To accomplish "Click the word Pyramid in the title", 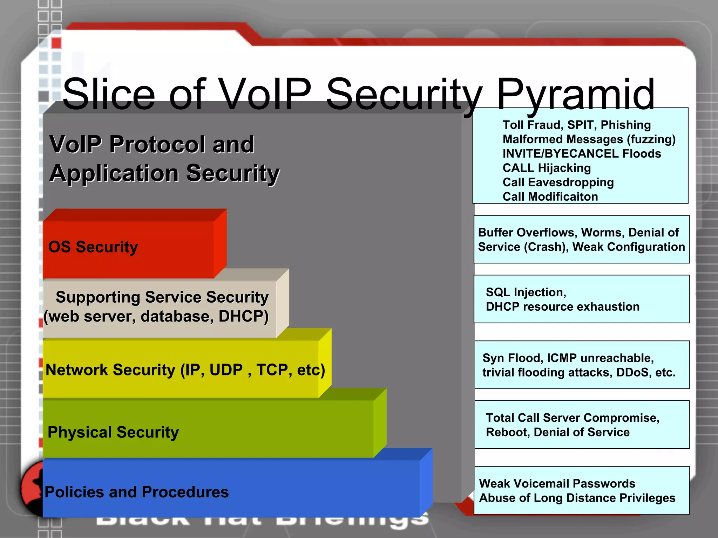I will [575, 95].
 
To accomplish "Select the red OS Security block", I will [128, 247].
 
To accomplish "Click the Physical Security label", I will [113, 432].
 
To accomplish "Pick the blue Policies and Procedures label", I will [137, 492].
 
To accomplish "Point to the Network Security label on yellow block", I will [185, 370].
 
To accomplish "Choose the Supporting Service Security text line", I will [162, 297].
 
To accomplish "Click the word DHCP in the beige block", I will [243, 316].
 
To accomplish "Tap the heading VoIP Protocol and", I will [152, 144].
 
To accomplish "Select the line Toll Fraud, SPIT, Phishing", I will [577, 125].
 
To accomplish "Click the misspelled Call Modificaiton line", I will [550, 197].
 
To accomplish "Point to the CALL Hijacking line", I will [547, 168].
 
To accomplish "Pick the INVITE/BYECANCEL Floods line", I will [582, 154].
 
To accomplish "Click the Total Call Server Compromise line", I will [573, 418].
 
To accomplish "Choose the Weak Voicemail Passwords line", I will [557, 484].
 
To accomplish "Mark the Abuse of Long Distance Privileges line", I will [577, 498].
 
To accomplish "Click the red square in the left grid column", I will [56, 43].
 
